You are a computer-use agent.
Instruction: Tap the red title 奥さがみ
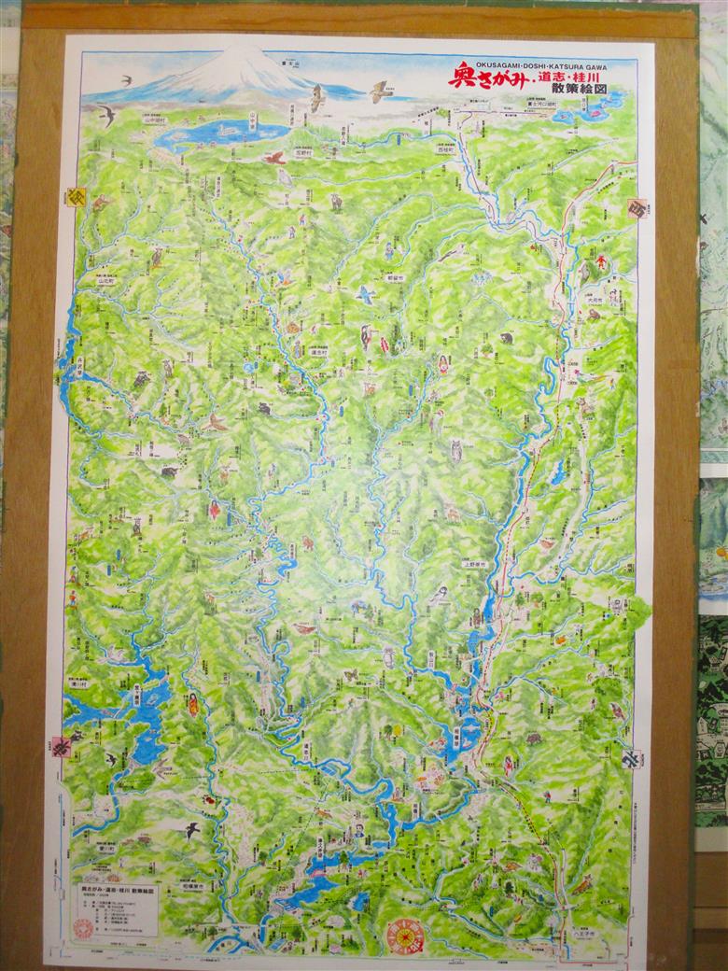click(480, 76)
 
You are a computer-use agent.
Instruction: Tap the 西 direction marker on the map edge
click(638, 207)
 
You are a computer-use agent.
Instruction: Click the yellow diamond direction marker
click(76, 196)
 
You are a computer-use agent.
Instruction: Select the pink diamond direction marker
click(63, 745)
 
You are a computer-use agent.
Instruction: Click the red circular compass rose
click(405, 935)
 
